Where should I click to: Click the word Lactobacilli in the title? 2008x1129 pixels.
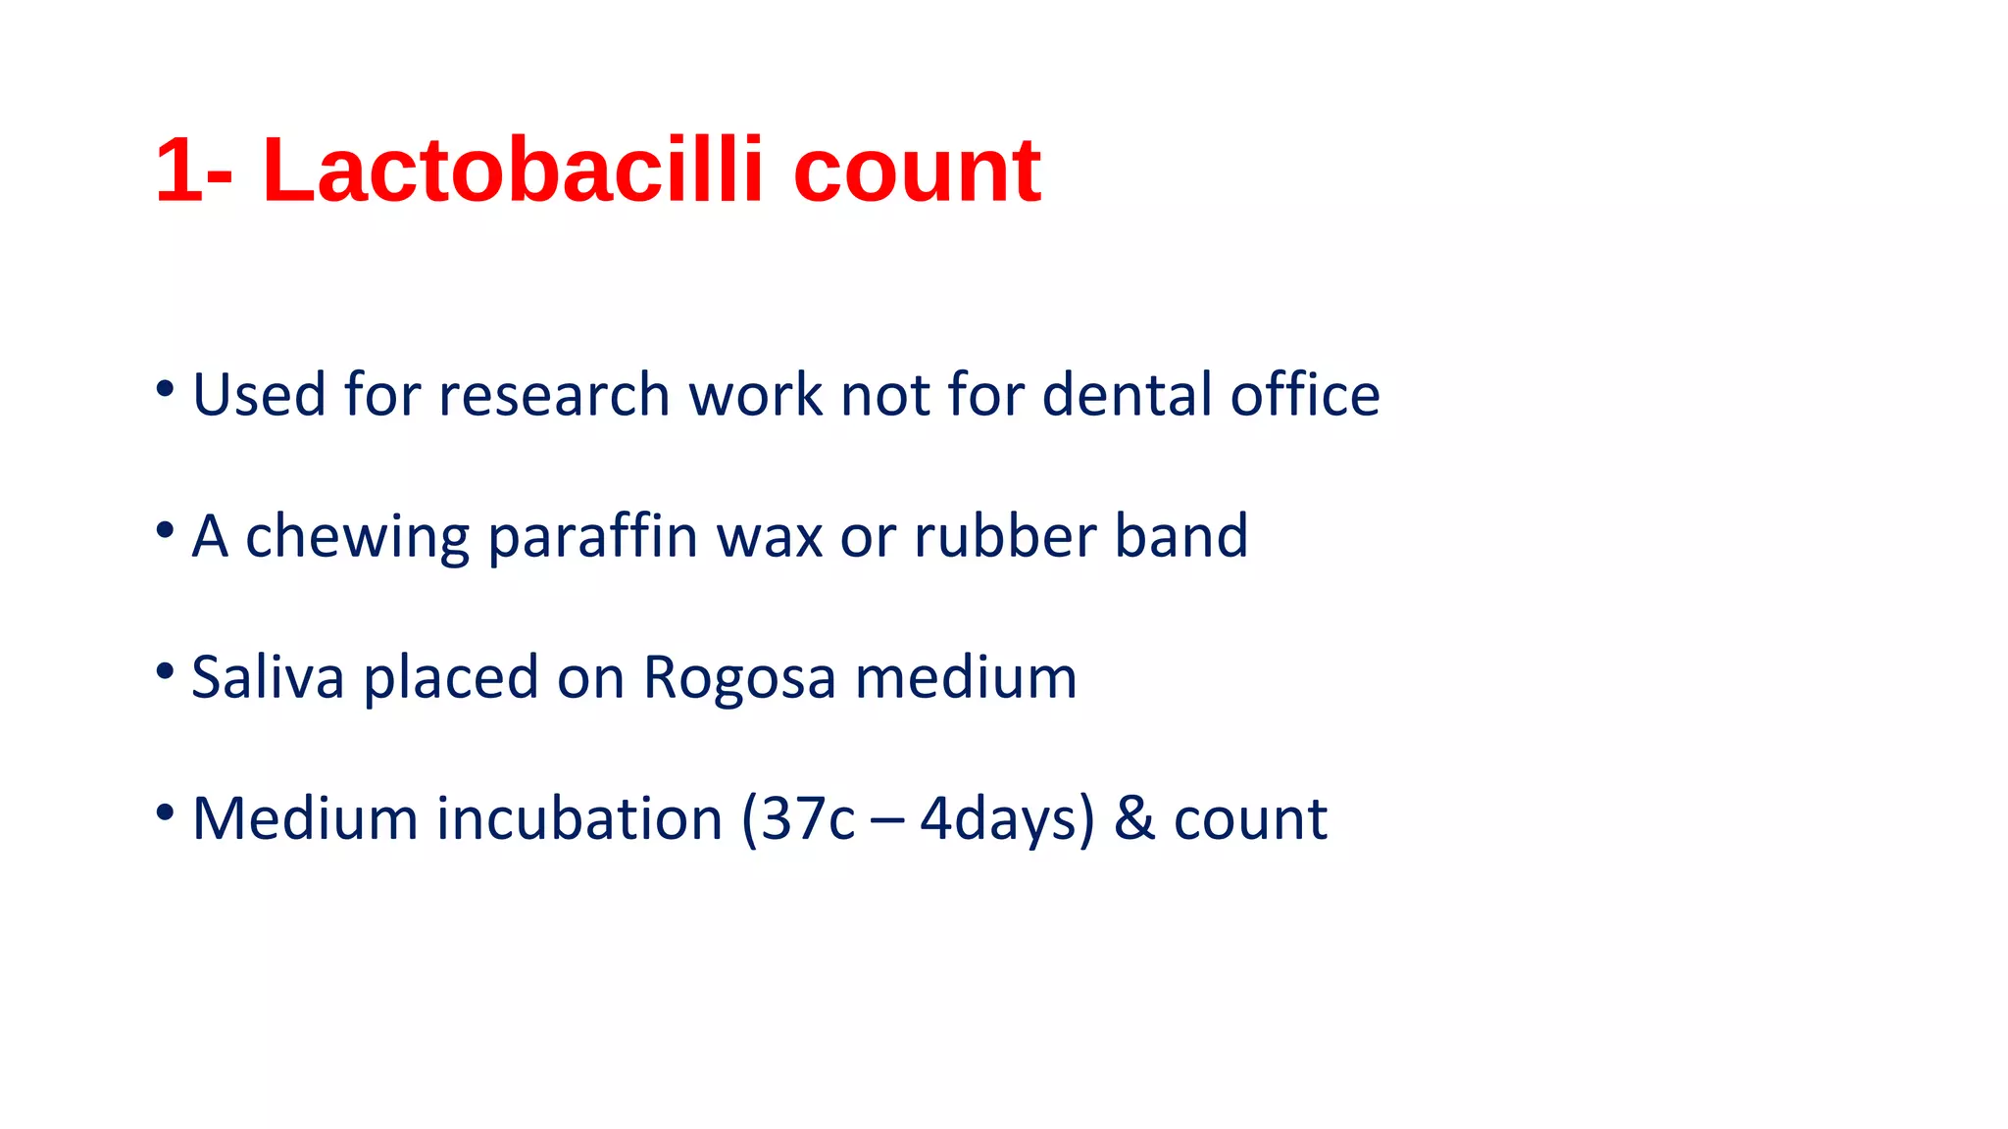coord(513,171)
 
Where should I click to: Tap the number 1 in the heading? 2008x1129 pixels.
coord(179,171)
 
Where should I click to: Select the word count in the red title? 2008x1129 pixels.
coord(916,172)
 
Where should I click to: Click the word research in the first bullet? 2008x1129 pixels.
coord(554,395)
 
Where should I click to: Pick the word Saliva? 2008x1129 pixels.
coord(268,677)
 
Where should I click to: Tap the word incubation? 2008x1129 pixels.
coord(579,818)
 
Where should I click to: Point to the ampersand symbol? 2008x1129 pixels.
coord(1134,818)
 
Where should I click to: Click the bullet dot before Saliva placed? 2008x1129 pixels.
coord(165,671)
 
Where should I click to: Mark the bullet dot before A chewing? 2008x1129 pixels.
coord(165,530)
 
